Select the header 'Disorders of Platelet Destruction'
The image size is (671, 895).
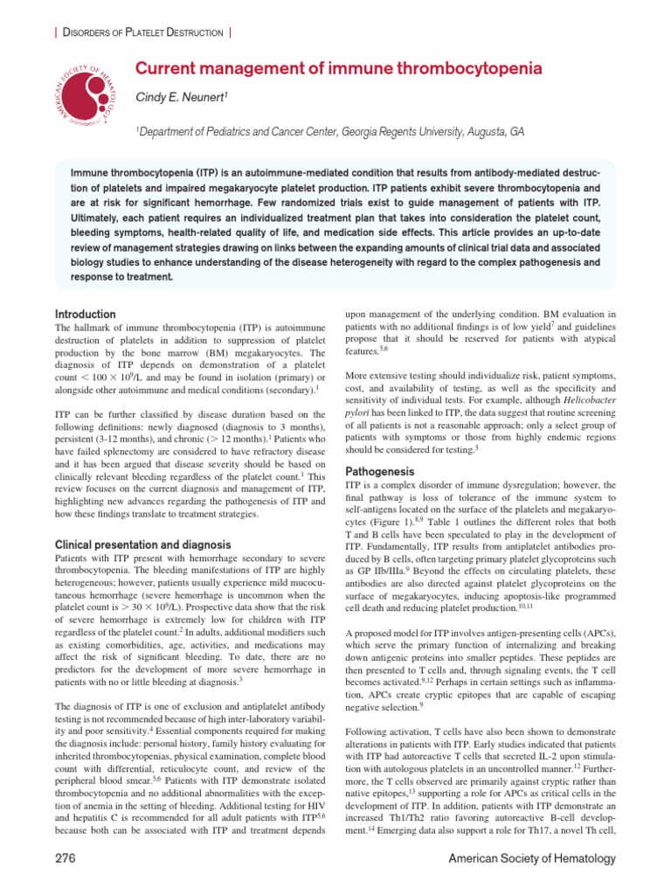click(x=139, y=32)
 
